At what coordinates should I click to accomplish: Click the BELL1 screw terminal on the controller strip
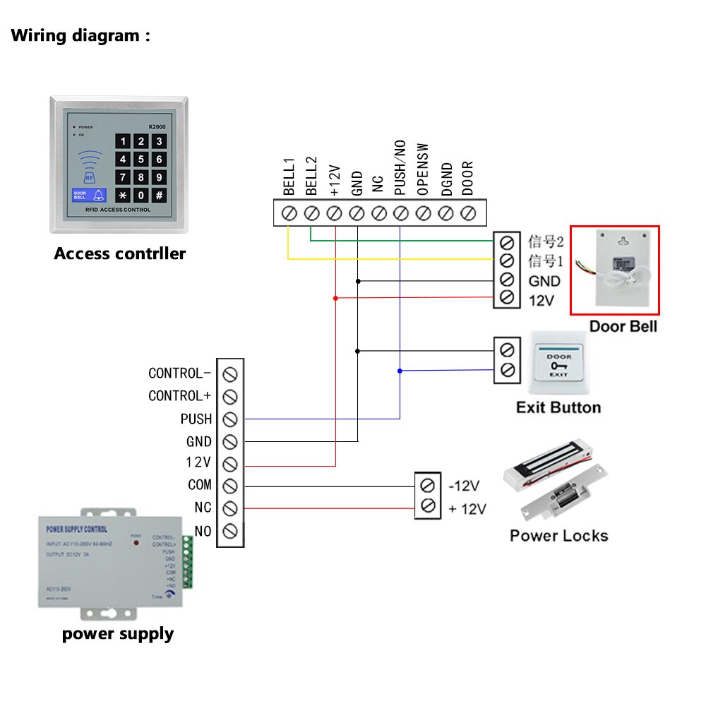289,213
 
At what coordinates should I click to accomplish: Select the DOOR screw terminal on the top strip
468,213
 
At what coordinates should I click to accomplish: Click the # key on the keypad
159,195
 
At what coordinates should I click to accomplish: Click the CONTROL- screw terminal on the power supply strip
230,373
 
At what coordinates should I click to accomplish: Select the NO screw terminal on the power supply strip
230,531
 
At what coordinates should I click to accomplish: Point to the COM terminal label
199,485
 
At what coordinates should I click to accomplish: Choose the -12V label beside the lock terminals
464,486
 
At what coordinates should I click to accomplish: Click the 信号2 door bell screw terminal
506,242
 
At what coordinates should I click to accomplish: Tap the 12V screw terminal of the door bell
506,298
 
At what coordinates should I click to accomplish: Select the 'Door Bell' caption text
623,326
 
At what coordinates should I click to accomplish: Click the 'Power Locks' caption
558,536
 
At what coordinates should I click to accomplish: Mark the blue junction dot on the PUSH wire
400,371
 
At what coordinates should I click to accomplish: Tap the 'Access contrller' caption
119,253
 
